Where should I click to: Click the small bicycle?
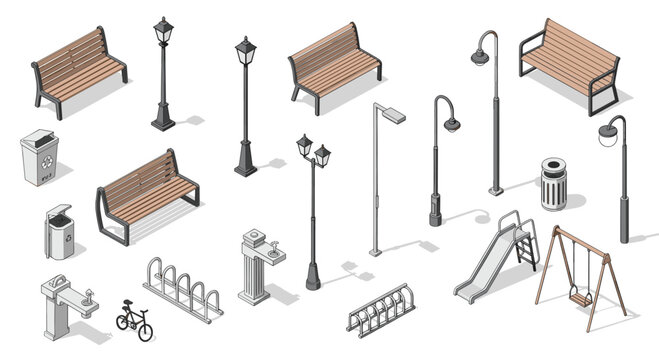134,319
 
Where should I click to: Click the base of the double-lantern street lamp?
313,279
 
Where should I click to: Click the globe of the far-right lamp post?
606,135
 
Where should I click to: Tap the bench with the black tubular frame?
568,62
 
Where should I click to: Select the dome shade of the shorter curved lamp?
452,124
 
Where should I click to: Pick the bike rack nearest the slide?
380,311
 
